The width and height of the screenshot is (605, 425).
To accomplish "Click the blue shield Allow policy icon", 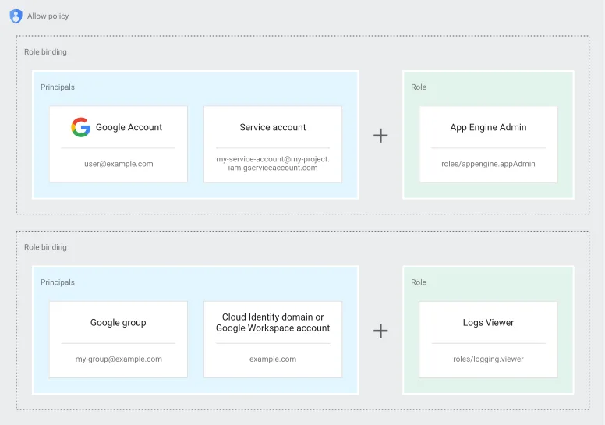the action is coord(16,16).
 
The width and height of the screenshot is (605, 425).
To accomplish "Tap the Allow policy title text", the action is coord(48,16).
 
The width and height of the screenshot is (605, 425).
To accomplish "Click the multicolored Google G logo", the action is coord(80,127).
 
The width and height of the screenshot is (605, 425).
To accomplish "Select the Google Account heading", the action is coord(129,127).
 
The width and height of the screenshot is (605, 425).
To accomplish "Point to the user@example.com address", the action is coord(119,164).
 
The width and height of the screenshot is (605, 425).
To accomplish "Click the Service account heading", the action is coord(273,127).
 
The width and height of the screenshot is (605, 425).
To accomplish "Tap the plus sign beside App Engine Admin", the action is coord(380,136).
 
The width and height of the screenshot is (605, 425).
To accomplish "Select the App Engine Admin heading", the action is coord(488,127).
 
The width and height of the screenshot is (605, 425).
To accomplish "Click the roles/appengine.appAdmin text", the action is coord(488,164).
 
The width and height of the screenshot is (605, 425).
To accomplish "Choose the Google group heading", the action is coord(118,322).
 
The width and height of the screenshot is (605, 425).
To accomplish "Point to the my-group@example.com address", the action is coord(119,359).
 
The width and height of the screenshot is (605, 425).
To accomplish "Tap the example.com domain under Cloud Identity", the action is coord(273,359).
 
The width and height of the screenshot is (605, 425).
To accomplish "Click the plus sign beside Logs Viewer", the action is coord(380,331).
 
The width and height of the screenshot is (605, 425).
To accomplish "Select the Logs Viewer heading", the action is coord(488,322).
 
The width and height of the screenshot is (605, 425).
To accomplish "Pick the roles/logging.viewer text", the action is coord(488,359).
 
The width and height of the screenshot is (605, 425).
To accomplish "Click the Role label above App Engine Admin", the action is coord(419,87).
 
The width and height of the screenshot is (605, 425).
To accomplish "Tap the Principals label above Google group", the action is coord(58,282).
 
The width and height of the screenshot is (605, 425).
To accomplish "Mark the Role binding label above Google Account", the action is coord(45,52).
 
